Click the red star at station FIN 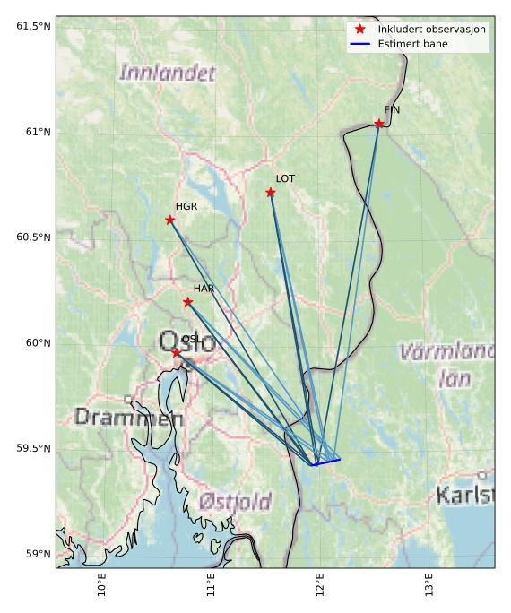[x=379, y=124]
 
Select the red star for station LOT [x=271, y=193]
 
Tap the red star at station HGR [x=170, y=220]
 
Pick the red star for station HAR [x=187, y=302]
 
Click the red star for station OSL [x=177, y=353]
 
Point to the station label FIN [x=392, y=110]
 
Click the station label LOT [x=285, y=179]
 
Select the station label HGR [x=186, y=207]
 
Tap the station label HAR [x=204, y=289]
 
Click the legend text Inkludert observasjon [x=431, y=29]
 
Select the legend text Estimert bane [x=413, y=43]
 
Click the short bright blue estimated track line [x=327, y=462]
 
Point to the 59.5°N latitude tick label [x=30, y=448]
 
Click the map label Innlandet [x=168, y=73]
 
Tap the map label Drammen [x=129, y=417]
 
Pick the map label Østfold [x=236, y=502]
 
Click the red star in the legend [x=360, y=29]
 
